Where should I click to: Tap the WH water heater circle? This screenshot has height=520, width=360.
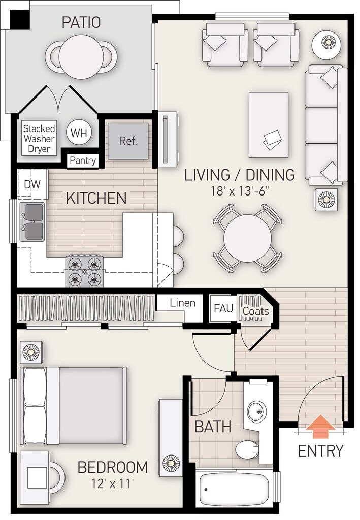pyautogui.click(x=79, y=133)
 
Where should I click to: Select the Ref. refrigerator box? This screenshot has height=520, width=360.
pyautogui.click(x=128, y=141)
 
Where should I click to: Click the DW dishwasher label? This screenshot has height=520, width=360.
pyautogui.click(x=32, y=184)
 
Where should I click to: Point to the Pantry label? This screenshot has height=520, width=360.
pyautogui.click(x=83, y=161)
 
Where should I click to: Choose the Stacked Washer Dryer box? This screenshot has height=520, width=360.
pyautogui.click(x=39, y=139)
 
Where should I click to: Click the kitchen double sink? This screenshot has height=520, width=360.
pyautogui.click(x=32, y=221)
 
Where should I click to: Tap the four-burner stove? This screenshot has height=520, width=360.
pyautogui.click(x=84, y=272)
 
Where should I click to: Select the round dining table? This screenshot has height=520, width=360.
pyautogui.click(x=247, y=238)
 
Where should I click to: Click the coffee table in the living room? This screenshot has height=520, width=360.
pyautogui.click(x=269, y=125)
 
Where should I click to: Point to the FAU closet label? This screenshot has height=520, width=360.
pyautogui.click(x=223, y=308)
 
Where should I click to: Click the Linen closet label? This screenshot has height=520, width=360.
pyautogui.click(x=182, y=303)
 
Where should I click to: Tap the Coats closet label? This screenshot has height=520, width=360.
pyautogui.click(x=255, y=311)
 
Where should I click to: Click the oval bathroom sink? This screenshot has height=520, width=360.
pyautogui.click(x=256, y=412)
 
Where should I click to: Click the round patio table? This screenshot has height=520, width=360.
pyautogui.click(x=81, y=56)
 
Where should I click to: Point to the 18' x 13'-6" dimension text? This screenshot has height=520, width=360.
pyautogui.click(x=239, y=191)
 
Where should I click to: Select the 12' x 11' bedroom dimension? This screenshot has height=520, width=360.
pyautogui.click(x=113, y=484)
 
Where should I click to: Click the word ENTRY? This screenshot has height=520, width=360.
pyautogui.click(x=320, y=451)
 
